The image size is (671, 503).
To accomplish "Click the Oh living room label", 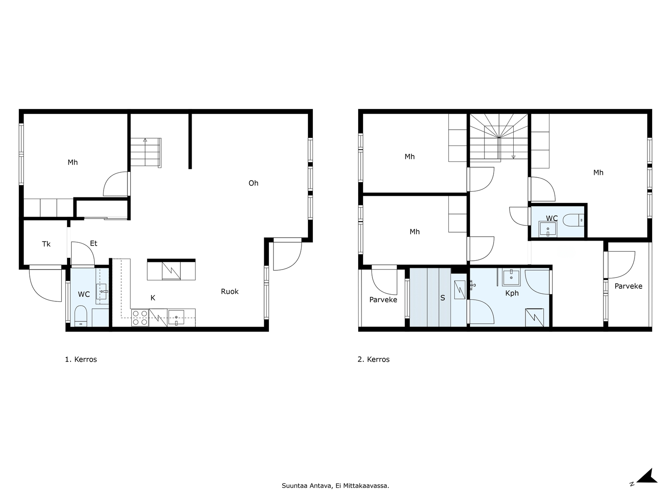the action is coord(253,183).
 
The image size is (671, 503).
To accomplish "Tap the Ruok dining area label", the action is coord(229,291).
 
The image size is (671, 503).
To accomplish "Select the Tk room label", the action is coord(46,244).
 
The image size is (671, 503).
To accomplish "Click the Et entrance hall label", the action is coord(94,244).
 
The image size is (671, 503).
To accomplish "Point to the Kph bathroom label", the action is coord(512,293).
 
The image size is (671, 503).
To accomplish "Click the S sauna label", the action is coord(442,298).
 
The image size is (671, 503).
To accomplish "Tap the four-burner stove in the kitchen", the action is coord(140,318).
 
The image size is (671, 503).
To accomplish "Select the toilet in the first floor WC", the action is coord(81,316).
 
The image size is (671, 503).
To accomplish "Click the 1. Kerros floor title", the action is coord(81,360).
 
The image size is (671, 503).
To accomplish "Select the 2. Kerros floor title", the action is coord(374,360).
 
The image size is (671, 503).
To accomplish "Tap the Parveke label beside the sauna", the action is coord(383,300).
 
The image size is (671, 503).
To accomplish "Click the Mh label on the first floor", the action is coord(73,162).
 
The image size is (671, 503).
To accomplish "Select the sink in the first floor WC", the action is coord(102,291).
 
